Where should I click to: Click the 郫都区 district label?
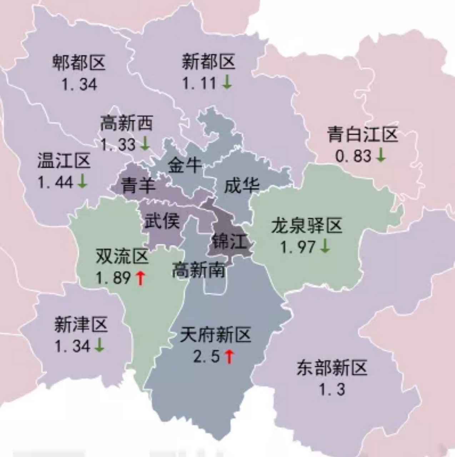coord(79,62)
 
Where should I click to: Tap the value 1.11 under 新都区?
coord(199,84)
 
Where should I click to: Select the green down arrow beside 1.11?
coord(227,83)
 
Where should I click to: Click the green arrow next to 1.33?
coord(145,144)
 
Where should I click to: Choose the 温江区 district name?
coord(64,161)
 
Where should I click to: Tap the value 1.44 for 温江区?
coord(55,182)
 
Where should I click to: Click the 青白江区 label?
coord(362,135)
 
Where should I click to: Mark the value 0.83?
coord(353,156)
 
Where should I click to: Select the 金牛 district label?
coord(185,165)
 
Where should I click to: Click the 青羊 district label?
coord(138,186)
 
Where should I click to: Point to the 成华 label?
coord(241,186)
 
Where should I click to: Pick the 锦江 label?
coord(229,242)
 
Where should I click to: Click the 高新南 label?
coord(198,270)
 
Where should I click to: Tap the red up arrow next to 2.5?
coord(229,357)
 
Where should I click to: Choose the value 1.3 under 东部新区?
coord(332,389)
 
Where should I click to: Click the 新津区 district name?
coord(81,325)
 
